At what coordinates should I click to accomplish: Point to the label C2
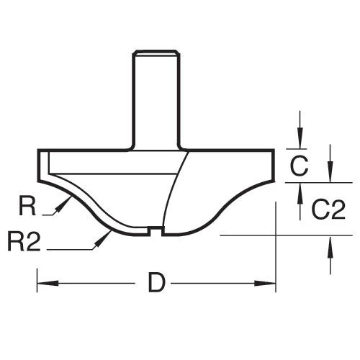[327, 210]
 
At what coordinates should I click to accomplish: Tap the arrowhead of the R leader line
[63, 205]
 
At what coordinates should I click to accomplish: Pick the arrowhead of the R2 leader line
[104, 238]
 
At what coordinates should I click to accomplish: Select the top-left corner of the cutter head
[37, 150]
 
